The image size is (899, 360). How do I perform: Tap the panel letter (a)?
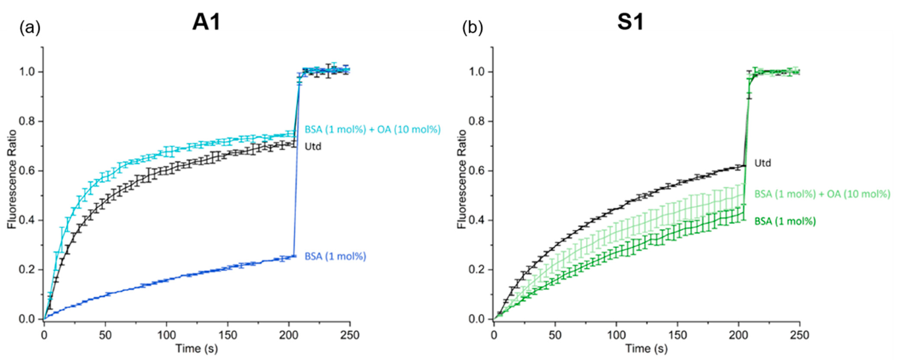[x=30, y=28]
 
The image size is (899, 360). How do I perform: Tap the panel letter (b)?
[x=473, y=28]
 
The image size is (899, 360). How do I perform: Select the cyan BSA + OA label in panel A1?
[x=372, y=129]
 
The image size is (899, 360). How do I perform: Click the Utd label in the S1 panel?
[x=762, y=163]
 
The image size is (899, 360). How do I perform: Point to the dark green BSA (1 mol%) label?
[x=785, y=221]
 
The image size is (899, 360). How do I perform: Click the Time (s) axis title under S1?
[x=646, y=349]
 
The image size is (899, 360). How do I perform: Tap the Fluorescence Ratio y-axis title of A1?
[x=13, y=179]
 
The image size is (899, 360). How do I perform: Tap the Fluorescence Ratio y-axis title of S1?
[x=462, y=179]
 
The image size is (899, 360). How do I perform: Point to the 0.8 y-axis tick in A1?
[x=30, y=121]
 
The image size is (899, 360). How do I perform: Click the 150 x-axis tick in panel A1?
[x=228, y=335]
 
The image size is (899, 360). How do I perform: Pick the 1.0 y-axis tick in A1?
[x=30, y=72]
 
